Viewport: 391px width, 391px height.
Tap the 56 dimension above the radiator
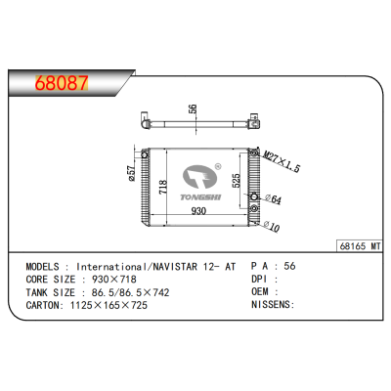pyautogui.click(x=194, y=109)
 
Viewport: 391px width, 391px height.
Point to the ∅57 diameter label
pyautogui.click(x=131, y=173)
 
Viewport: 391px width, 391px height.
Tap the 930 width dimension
pyautogui.click(x=198, y=210)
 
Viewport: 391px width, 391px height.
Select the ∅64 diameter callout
pyautogui.click(x=275, y=200)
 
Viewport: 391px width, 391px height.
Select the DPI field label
pyautogui.click(x=261, y=278)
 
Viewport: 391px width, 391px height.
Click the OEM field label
pyautogui.click(x=261, y=290)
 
